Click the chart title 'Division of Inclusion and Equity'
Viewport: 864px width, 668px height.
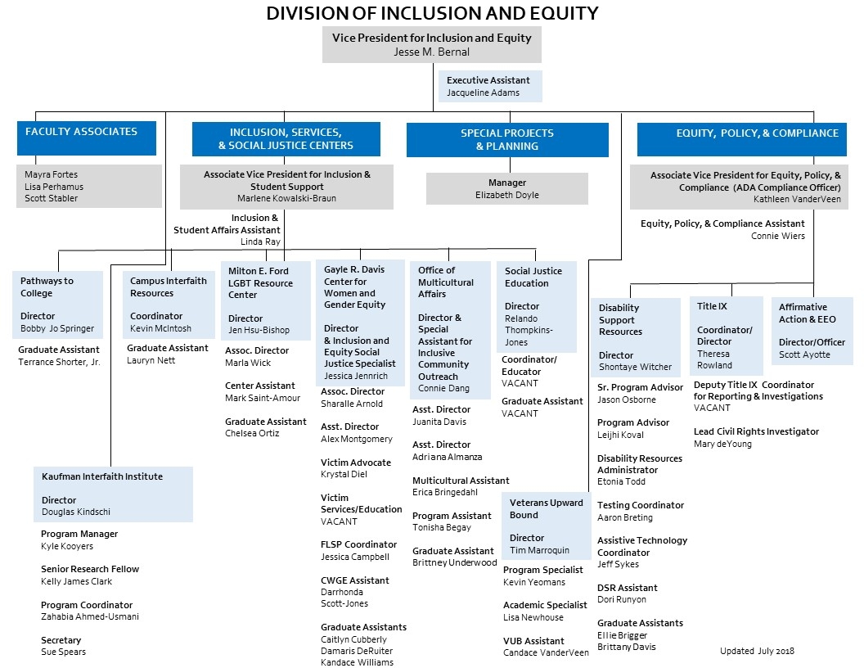click(432, 13)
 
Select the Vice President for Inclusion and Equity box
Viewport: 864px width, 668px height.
click(431, 44)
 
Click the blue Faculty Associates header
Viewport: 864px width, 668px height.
click(86, 138)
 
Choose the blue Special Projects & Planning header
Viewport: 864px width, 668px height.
click(507, 139)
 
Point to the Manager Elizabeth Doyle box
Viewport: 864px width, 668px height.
click(506, 188)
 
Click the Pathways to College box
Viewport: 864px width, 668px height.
click(58, 305)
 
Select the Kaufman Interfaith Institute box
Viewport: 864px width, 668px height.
click(113, 494)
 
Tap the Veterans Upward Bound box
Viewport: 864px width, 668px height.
click(547, 526)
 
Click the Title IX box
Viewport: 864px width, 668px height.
click(726, 335)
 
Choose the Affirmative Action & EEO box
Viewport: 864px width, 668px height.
click(813, 331)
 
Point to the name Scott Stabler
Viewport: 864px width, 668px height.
click(52, 198)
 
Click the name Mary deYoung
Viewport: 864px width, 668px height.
click(722, 444)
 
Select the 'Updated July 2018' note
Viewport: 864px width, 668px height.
click(757, 651)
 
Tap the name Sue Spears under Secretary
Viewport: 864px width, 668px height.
click(63, 652)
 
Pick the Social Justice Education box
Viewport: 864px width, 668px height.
click(536, 306)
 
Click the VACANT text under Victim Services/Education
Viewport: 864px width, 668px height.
click(339, 521)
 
